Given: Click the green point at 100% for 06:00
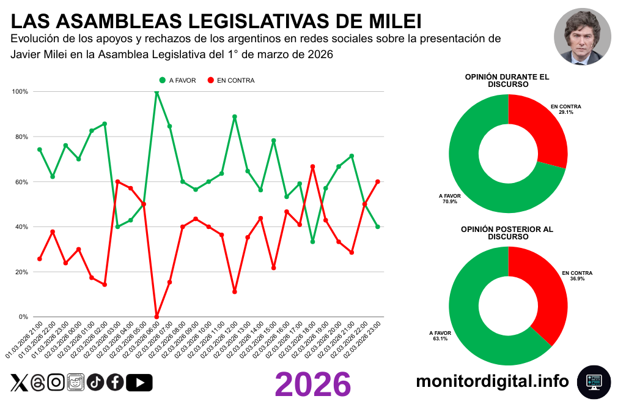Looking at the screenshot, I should pos(156,92).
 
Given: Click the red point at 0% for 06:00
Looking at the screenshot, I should pos(156,316).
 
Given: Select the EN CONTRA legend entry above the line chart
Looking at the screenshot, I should pos(230,80).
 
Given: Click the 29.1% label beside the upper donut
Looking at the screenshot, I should pos(565,113).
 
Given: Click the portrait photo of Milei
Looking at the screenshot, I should pos(583,37).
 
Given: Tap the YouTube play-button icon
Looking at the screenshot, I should pos(139,383).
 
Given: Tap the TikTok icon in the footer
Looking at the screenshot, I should pos(95,383).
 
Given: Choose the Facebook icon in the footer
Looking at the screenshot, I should pos(115,383).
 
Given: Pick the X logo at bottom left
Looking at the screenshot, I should pos(19,383).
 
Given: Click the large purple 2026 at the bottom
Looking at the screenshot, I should pos(313,384).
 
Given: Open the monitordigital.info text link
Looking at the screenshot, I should pos(493,381).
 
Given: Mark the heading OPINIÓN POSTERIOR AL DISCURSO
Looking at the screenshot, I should pos(507,233).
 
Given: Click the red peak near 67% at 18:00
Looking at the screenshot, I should pos(312,166).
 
